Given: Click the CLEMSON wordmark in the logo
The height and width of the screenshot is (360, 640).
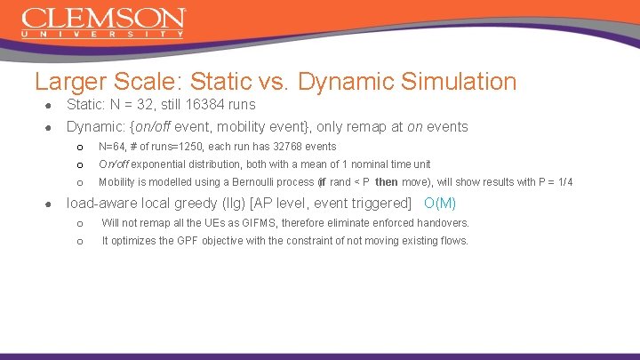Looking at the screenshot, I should [103, 18].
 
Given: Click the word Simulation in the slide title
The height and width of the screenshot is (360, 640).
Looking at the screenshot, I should [459, 82].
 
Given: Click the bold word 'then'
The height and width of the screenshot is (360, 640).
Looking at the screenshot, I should [386, 182].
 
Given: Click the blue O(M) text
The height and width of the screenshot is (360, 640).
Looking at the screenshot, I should [440, 203].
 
